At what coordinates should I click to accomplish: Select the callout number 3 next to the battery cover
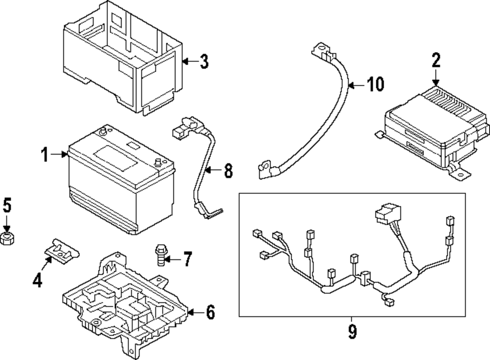coord(204,62)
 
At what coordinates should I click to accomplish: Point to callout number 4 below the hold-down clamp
coord(38,280)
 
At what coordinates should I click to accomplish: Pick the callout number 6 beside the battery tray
coord(210,312)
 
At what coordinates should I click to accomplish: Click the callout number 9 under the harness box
coord(352,332)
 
